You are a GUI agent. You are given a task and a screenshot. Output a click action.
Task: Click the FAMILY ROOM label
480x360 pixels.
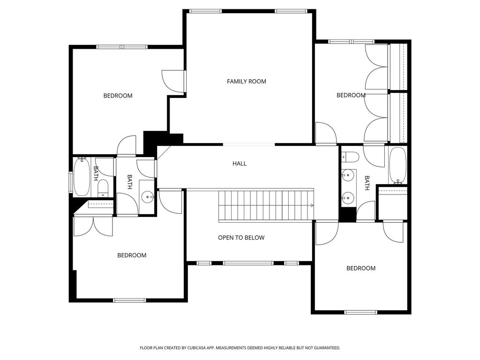pyautogui.click(x=247, y=82)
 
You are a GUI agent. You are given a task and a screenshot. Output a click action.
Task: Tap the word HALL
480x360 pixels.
pyautogui.click(x=240, y=164)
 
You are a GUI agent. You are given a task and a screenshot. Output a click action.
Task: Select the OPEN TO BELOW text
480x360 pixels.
pyautogui.click(x=241, y=238)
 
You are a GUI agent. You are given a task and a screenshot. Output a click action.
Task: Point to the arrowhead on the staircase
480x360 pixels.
pyautogui.click(x=312, y=205)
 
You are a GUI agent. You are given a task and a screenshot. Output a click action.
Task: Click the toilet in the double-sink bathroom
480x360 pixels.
pyautogui.click(x=350, y=157)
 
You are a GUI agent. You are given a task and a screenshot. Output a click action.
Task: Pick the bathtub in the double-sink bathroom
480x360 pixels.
pyautogui.click(x=397, y=165)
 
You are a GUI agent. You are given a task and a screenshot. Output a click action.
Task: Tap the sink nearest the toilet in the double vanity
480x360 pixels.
pyautogui.click(x=348, y=175)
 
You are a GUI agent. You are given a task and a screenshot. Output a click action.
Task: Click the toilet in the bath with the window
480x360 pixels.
pyautogui.click(x=103, y=188)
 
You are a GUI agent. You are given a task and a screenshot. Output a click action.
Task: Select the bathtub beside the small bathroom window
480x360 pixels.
pyautogui.click(x=82, y=177)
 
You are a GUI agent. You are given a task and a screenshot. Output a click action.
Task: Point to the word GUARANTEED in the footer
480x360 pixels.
pyautogui.click(x=329, y=348)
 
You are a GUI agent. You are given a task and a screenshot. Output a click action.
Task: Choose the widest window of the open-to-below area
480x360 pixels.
pyautogui.click(x=248, y=263)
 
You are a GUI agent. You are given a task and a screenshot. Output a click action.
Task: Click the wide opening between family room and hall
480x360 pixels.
pyautogui.click(x=249, y=144)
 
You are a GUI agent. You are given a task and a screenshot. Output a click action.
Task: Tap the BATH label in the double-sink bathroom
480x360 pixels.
pyautogui.click(x=367, y=183)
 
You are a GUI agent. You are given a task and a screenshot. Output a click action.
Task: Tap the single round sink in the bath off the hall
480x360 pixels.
pyautogui.click(x=149, y=197)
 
